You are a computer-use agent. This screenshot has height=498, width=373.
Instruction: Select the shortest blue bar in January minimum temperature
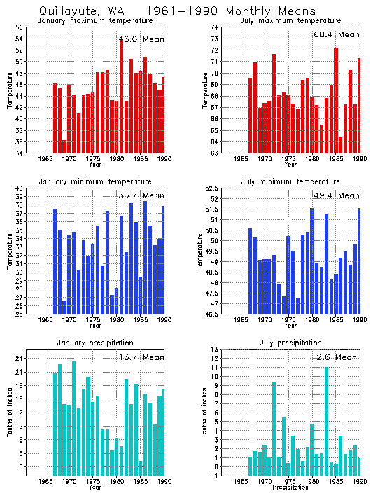click(64, 307)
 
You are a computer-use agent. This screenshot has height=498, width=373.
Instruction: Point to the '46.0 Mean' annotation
click(141, 39)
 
